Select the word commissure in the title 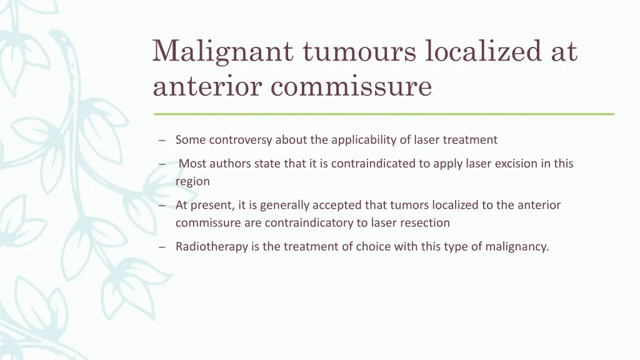click(x=351, y=86)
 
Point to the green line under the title click(x=384, y=114)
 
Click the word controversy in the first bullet click(x=241, y=140)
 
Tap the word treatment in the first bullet click(x=470, y=140)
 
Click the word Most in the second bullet click(x=192, y=164)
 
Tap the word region click(x=192, y=182)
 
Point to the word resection click(x=426, y=223)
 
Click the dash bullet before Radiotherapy click(x=162, y=247)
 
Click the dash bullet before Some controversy click(x=162, y=140)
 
